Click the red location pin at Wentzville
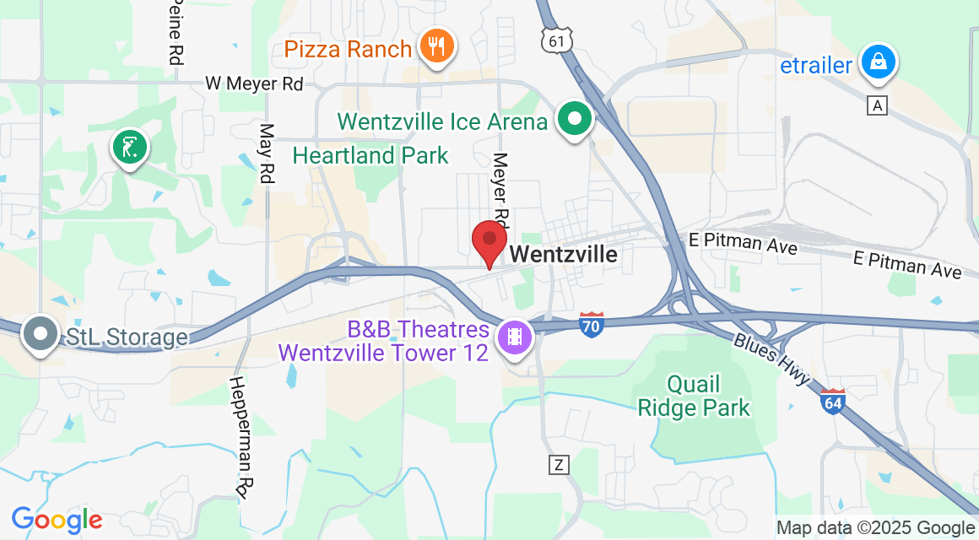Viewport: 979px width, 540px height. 489,241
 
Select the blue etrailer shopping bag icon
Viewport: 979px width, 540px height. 879,62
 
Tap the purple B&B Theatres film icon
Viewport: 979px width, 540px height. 513,337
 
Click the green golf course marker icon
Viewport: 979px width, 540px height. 130,148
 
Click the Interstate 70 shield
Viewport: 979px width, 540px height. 592,324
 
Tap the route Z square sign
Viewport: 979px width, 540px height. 558,464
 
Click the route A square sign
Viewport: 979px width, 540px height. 879,105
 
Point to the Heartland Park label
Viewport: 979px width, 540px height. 371,155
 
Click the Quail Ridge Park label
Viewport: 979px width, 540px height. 694,397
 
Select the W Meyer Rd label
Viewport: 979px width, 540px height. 254,84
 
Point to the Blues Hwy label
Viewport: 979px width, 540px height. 771,359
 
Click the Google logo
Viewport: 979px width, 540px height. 57,519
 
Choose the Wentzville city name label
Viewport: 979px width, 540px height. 564,254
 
